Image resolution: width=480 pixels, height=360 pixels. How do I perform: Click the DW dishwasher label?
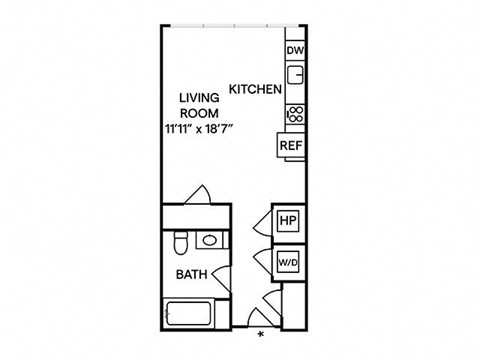click(x=295, y=51)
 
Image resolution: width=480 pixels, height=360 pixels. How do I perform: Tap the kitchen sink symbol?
click(x=296, y=75)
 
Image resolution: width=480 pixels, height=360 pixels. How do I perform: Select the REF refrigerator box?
click(x=290, y=145)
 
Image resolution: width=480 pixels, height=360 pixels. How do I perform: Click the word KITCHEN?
click(x=255, y=89)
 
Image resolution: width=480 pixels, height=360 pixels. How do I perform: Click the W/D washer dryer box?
click(x=288, y=261)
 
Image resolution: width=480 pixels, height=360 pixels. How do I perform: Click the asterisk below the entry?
click(x=260, y=333)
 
